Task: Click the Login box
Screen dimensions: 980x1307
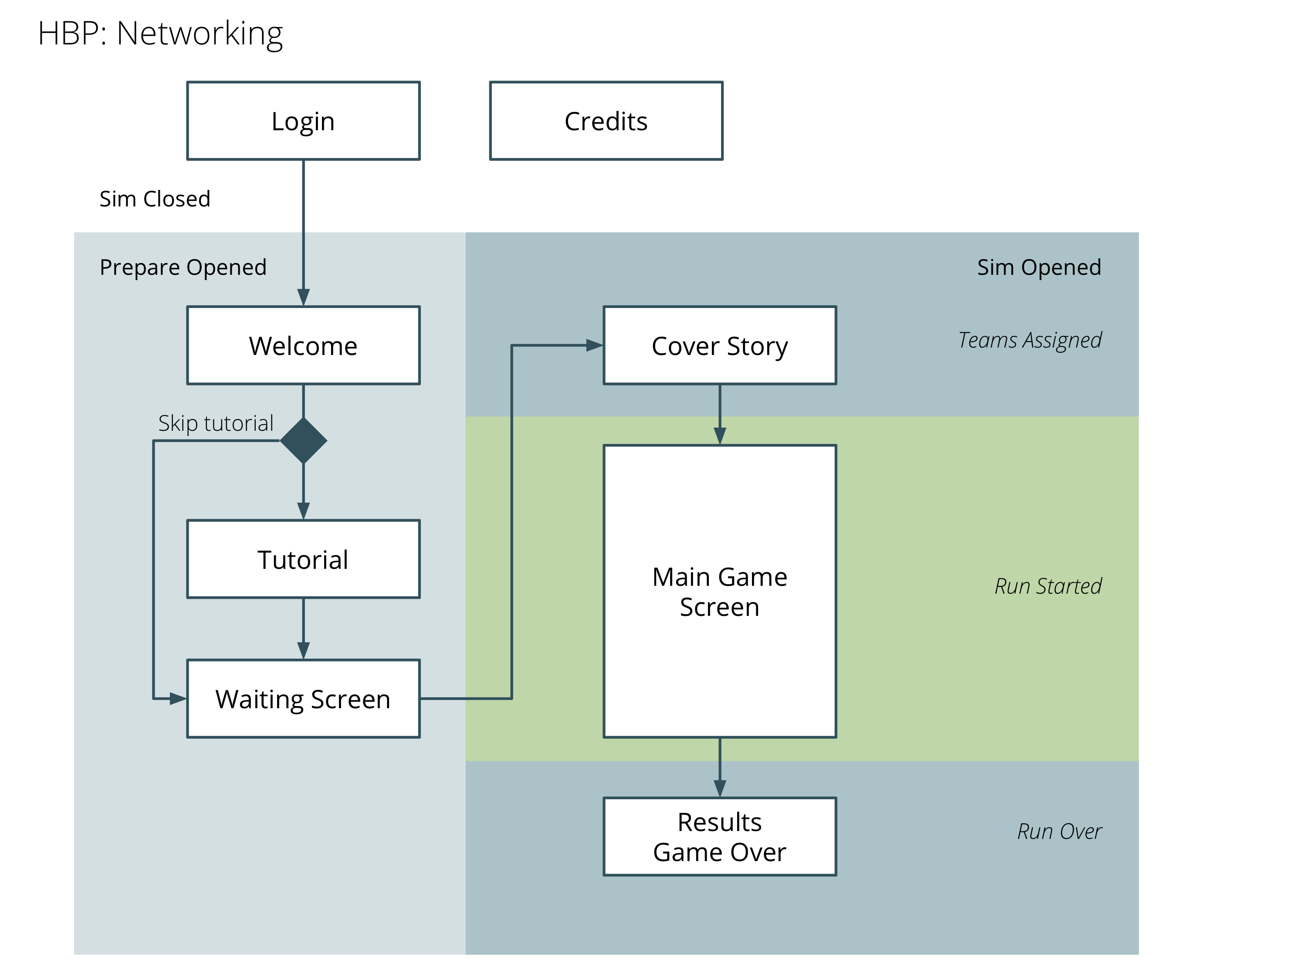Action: click(x=303, y=121)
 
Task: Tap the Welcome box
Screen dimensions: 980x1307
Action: click(x=303, y=345)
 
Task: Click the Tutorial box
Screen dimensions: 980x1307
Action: click(x=303, y=559)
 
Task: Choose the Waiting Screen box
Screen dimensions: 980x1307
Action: click(x=303, y=698)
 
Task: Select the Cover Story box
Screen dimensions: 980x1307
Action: click(x=719, y=345)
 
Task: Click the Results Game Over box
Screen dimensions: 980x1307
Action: click(x=719, y=836)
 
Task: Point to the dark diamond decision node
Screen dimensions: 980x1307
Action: click(x=303, y=440)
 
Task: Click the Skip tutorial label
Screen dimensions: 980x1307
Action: click(x=216, y=423)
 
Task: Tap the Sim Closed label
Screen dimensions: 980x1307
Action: click(x=155, y=199)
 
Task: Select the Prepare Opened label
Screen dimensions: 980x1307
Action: click(x=183, y=267)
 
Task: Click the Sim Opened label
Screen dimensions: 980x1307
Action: click(x=1038, y=267)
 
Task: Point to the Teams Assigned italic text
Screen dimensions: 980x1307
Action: click(x=1029, y=340)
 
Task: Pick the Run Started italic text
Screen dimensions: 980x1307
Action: click(x=1048, y=585)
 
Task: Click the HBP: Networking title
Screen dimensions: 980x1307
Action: click(x=160, y=33)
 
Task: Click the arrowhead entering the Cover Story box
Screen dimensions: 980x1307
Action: click(x=594, y=345)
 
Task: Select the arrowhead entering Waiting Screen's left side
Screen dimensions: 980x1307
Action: click(x=178, y=698)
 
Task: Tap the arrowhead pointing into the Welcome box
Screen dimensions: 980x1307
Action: click(x=303, y=297)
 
